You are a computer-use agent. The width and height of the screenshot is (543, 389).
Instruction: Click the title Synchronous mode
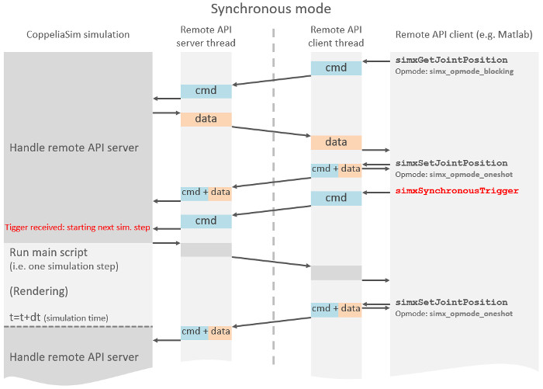271,9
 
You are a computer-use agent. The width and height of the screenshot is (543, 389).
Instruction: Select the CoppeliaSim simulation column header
78,35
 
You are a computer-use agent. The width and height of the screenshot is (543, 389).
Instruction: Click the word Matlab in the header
517,35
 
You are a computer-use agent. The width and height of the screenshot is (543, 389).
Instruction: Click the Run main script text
48,252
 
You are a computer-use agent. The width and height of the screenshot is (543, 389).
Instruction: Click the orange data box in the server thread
206,120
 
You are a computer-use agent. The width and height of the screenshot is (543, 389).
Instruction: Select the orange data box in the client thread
336,142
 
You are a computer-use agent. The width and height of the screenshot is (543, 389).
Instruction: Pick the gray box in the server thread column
206,249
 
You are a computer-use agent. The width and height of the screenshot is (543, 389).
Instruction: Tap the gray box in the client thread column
336,273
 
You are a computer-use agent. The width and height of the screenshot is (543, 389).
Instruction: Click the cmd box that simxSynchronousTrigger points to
336,198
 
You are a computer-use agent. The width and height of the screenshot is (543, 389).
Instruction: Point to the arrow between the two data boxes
271,130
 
